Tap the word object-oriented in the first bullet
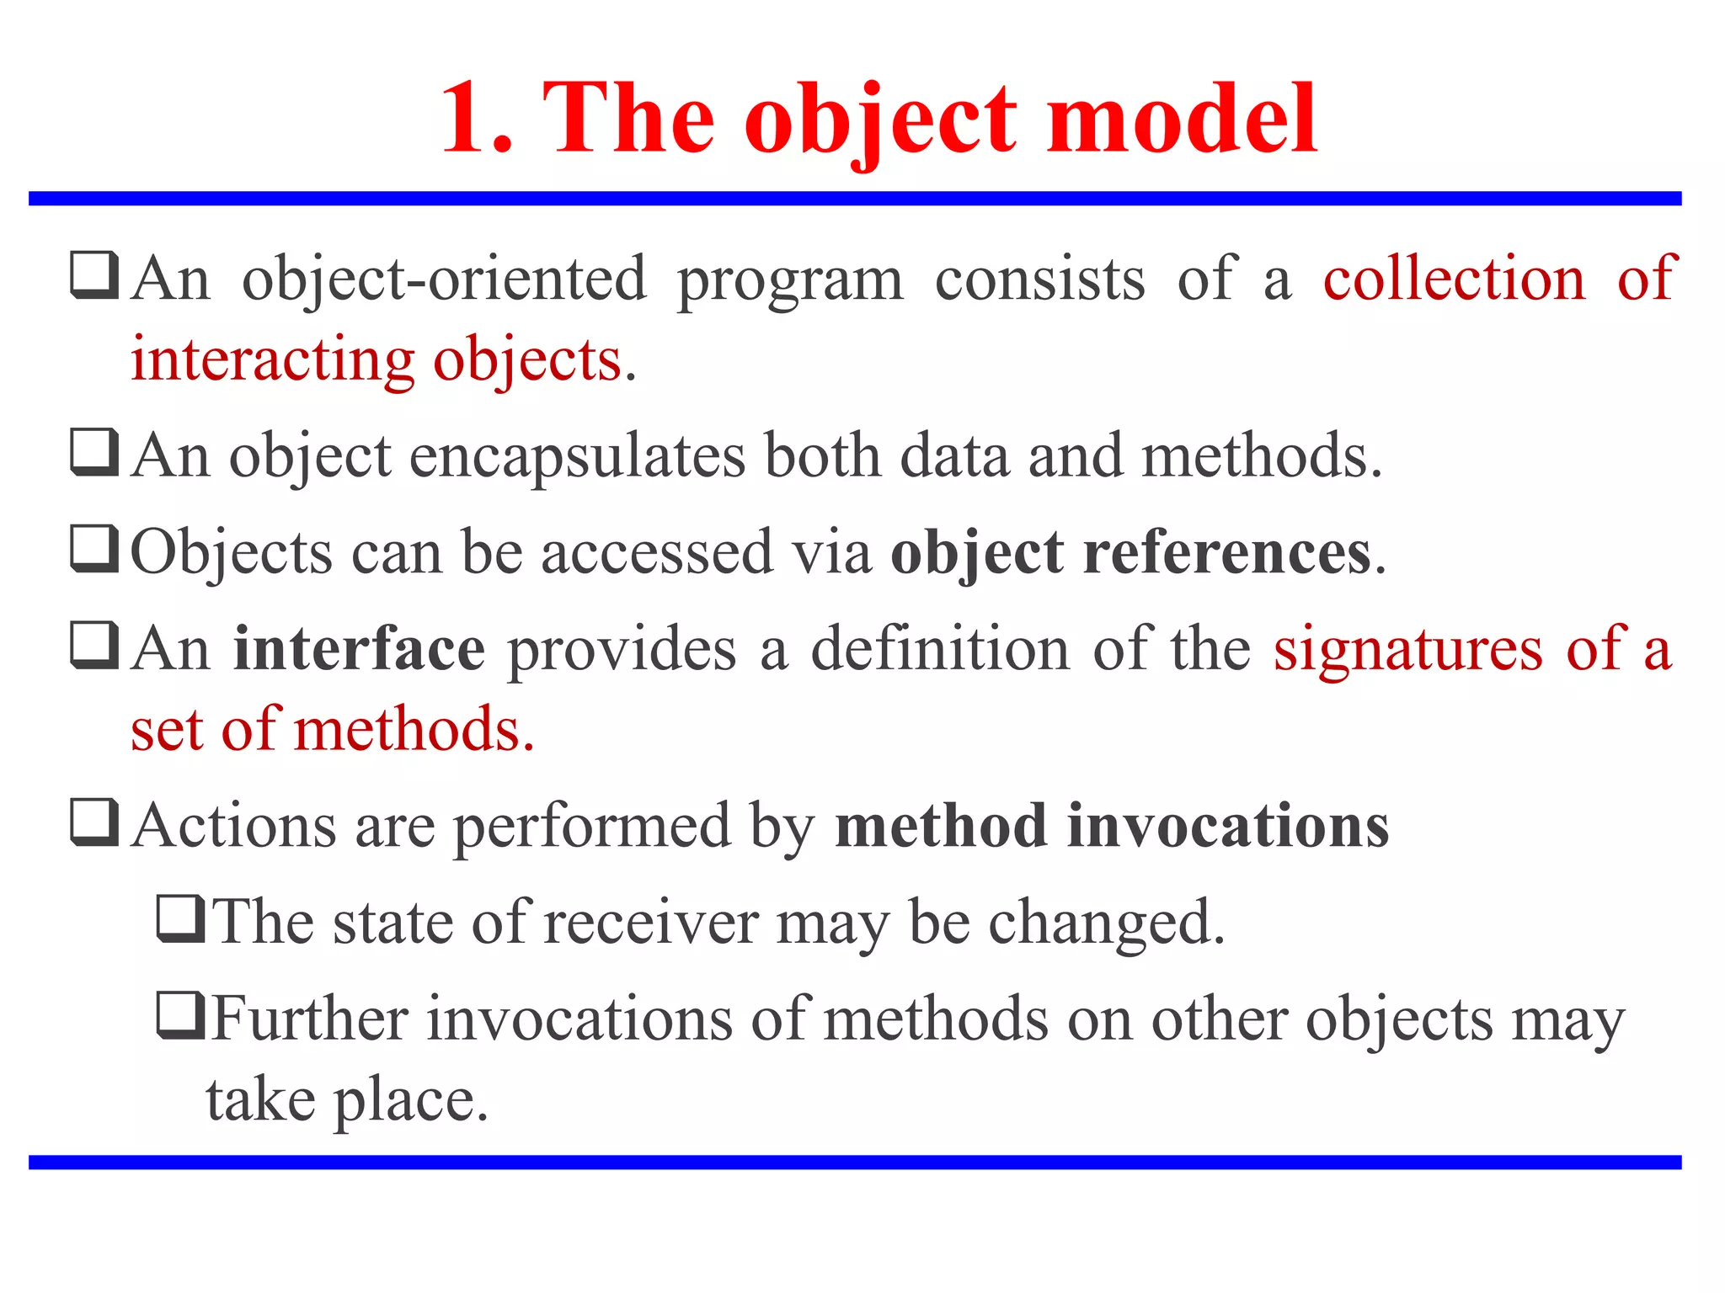444,279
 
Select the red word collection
1454,279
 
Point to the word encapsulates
577,456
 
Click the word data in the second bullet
954,456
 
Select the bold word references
1227,553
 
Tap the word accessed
656,553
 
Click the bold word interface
360,649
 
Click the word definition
940,649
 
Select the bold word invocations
1228,826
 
